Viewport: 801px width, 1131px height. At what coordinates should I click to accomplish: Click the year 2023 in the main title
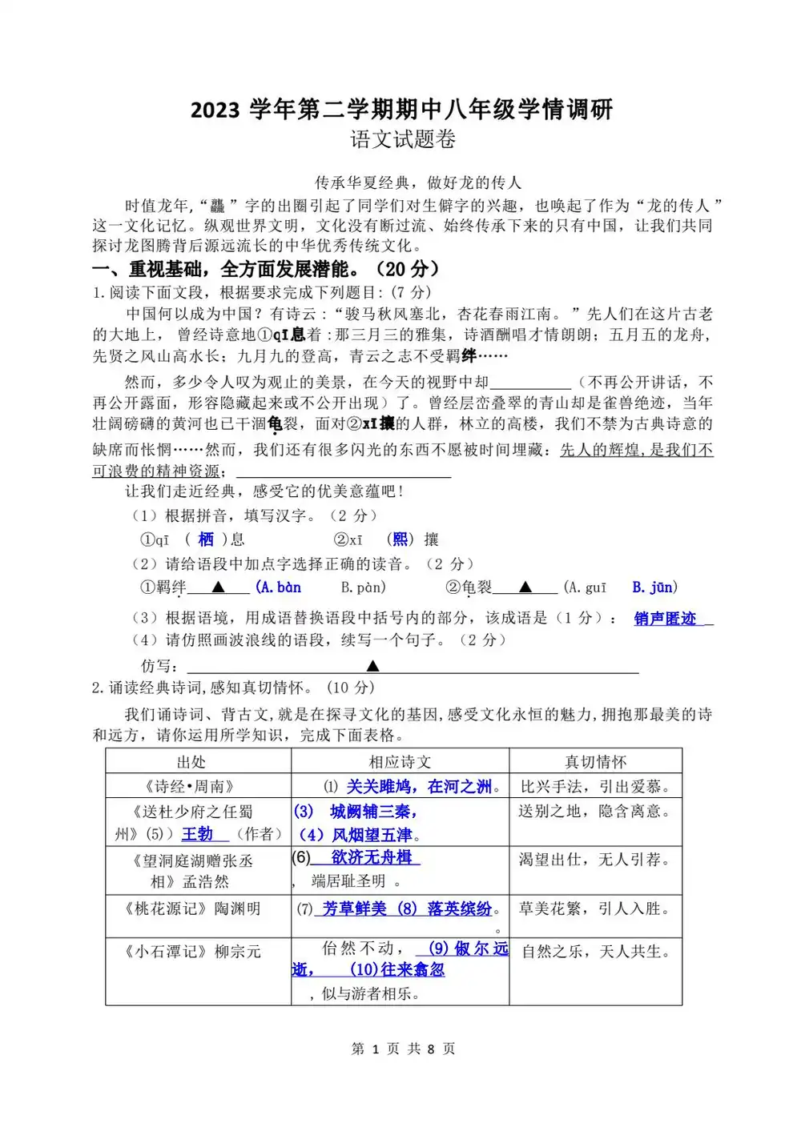(x=215, y=110)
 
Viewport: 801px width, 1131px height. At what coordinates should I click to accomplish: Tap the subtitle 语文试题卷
(x=403, y=139)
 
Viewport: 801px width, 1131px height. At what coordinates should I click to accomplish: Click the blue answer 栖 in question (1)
(x=206, y=539)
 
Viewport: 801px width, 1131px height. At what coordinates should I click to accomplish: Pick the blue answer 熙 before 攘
(x=400, y=539)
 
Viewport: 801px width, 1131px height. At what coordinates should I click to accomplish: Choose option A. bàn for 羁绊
(x=279, y=588)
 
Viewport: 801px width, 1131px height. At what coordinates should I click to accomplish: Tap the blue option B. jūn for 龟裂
(x=654, y=588)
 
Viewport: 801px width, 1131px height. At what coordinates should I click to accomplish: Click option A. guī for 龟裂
(x=586, y=588)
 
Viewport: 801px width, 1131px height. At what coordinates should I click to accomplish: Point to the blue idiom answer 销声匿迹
(x=665, y=619)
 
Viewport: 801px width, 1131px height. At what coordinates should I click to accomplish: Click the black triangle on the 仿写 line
(x=372, y=666)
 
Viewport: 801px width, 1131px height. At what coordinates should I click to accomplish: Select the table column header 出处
(x=191, y=762)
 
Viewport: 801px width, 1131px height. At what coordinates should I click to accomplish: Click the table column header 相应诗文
(x=400, y=762)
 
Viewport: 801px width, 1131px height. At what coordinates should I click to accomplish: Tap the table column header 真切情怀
(x=595, y=762)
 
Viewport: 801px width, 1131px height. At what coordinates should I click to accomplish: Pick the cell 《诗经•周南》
(x=189, y=787)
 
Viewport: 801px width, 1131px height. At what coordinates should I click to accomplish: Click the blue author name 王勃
(x=197, y=834)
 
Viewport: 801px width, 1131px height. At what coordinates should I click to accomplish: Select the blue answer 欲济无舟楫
(x=371, y=857)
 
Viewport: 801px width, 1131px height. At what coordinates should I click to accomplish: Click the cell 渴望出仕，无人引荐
(x=594, y=860)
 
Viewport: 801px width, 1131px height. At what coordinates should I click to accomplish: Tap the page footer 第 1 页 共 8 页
(x=403, y=1049)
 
